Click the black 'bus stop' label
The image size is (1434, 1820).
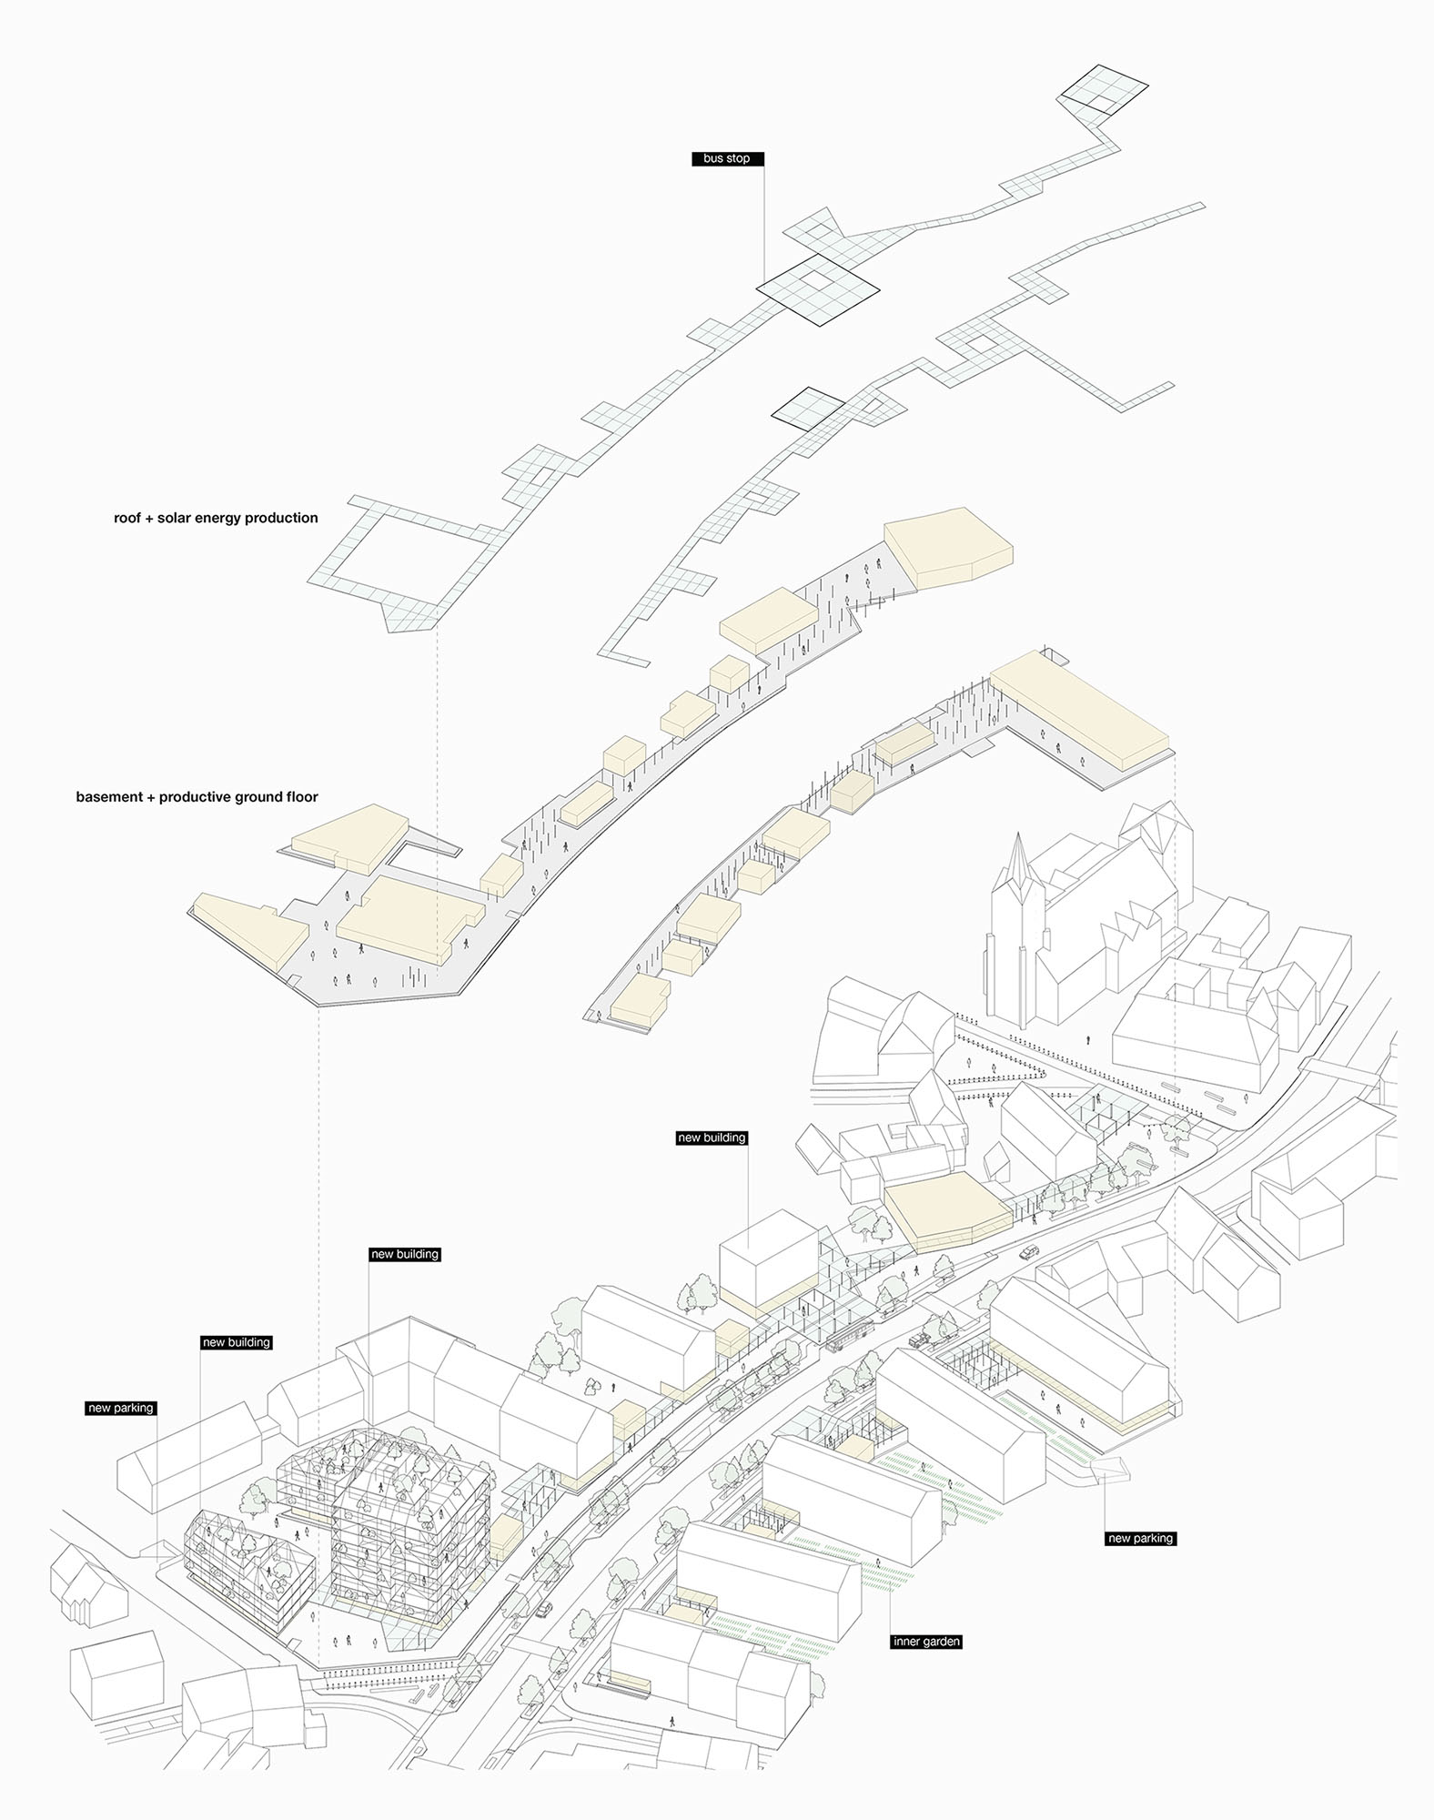[x=726, y=158]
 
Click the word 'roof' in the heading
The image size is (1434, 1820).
[x=128, y=518]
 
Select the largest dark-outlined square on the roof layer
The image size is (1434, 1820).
[x=818, y=289]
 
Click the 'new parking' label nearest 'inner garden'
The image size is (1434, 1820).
[x=1140, y=1538]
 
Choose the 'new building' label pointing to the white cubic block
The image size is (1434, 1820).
[x=712, y=1137]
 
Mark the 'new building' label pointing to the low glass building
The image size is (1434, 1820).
[x=237, y=1341]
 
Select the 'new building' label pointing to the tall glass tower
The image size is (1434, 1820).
[x=405, y=1254]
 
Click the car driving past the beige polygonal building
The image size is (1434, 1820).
[x=1028, y=1252]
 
